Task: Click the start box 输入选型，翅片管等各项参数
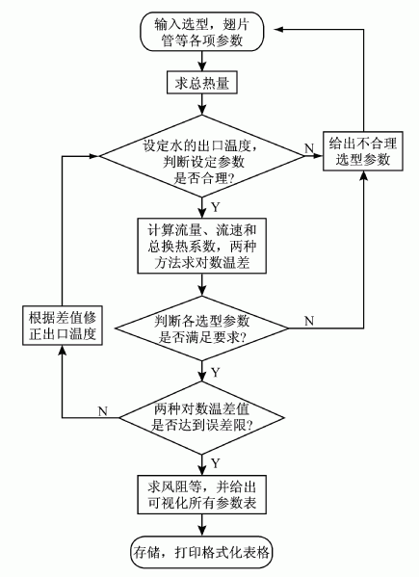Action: click(x=202, y=31)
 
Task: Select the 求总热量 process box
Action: click(x=202, y=83)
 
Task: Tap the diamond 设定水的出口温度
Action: click(x=202, y=156)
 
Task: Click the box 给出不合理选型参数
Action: click(x=363, y=151)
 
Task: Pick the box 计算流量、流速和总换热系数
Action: click(x=202, y=246)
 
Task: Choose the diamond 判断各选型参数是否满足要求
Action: click(x=202, y=328)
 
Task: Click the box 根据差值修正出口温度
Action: click(x=63, y=326)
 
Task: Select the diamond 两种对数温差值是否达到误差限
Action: click(x=202, y=418)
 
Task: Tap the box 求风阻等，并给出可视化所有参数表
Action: click(x=202, y=494)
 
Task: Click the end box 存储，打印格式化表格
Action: click(x=202, y=552)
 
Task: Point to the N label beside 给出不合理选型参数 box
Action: click(x=309, y=148)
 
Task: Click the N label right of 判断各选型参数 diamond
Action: click(x=309, y=321)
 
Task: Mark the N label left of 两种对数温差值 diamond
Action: click(x=103, y=410)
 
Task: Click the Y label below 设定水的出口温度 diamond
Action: click(x=215, y=207)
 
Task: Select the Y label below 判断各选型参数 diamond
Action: click(x=215, y=373)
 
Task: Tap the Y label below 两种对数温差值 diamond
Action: click(x=215, y=463)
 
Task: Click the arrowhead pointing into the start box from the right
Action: click(x=278, y=30)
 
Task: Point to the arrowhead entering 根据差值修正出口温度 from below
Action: click(x=63, y=351)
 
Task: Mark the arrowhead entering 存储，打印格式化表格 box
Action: click(x=202, y=532)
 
